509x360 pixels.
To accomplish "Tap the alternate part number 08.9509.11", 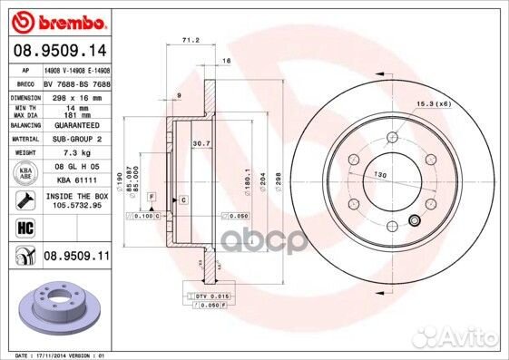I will point(77,258).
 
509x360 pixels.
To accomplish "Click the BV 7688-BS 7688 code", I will point(77,82).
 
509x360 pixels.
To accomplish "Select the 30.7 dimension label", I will point(201,144).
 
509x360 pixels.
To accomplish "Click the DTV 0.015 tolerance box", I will point(212,297).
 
